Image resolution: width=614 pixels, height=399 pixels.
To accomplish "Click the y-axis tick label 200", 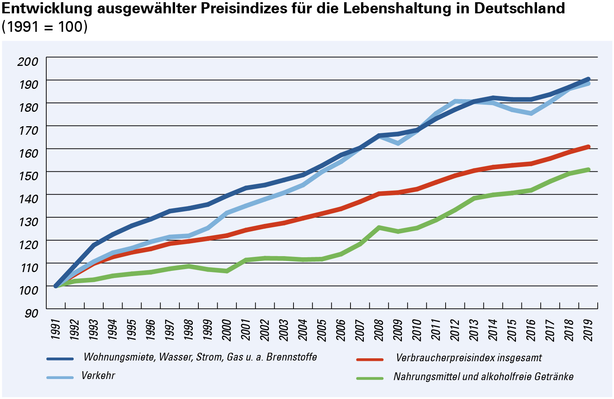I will [28, 61].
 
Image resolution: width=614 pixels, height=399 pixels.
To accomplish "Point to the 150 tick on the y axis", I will [28, 176].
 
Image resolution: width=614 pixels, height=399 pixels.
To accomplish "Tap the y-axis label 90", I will [31, 313].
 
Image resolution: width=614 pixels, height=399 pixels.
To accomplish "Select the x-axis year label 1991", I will [56, 329].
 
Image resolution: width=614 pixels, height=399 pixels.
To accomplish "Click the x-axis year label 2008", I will [379, 329].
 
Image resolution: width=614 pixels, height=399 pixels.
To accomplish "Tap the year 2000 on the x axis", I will [227, 329].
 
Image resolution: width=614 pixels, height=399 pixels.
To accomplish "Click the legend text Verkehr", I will [98, 376].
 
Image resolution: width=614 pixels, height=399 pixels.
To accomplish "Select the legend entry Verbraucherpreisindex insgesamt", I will [469, 358].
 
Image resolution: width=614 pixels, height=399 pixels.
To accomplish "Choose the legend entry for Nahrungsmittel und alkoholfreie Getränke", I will [483, 377].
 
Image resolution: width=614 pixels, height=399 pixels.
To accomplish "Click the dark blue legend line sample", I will [60, 359].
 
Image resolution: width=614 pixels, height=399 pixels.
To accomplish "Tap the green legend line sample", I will [370, 378].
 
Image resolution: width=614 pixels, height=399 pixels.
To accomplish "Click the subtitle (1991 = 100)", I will [44, 27].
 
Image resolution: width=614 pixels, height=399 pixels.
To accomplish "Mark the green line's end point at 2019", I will [588, 170].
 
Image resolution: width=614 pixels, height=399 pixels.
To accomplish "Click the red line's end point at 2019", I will [588, 147].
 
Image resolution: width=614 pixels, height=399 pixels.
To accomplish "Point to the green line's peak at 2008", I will [379, 227].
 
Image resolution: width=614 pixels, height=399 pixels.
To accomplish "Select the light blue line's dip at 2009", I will [398, 143].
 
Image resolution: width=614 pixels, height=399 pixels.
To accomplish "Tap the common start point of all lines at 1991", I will [56, 286].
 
